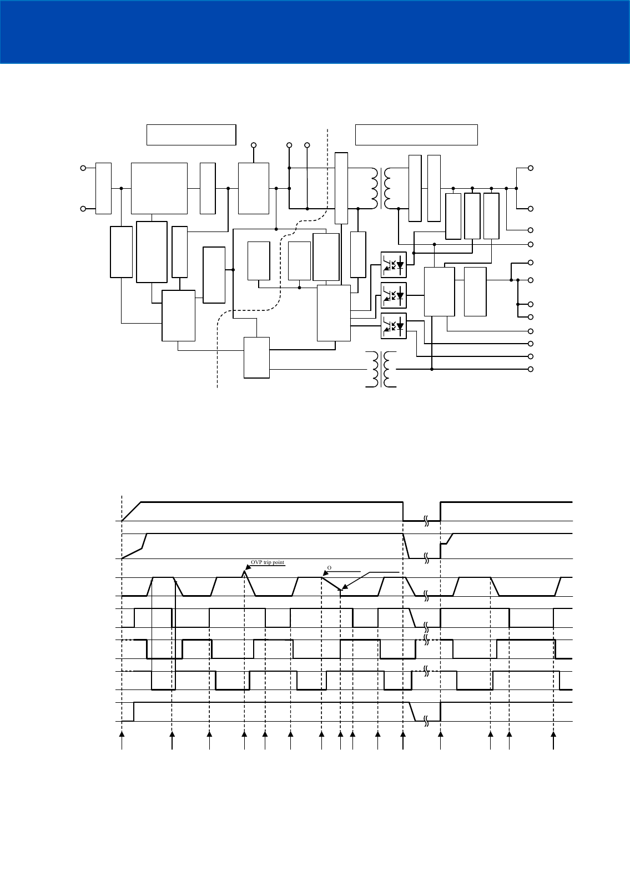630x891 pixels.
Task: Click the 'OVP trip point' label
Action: (267, 562)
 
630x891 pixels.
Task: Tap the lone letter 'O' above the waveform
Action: (329, 568)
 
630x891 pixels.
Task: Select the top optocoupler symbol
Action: (394, 265)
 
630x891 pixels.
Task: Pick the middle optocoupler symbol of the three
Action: (394, 295)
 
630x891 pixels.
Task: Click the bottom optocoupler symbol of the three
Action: (394, 326)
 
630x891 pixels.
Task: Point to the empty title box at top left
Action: (191, 135)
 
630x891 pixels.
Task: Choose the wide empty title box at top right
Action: (416, 135)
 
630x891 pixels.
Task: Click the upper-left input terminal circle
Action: (83, 167)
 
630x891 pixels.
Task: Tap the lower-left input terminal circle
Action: (83, 209)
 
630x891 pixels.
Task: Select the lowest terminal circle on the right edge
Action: (531, 369)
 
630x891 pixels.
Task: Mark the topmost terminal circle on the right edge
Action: (531, 168)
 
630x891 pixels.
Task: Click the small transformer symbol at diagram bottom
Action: (381, 369)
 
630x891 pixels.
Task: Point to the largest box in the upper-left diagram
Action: (159, 188)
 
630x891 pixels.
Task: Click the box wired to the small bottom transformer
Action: (256, 358)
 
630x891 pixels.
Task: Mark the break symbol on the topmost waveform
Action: (426, 521)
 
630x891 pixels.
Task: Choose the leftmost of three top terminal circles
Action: (254, 145)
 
